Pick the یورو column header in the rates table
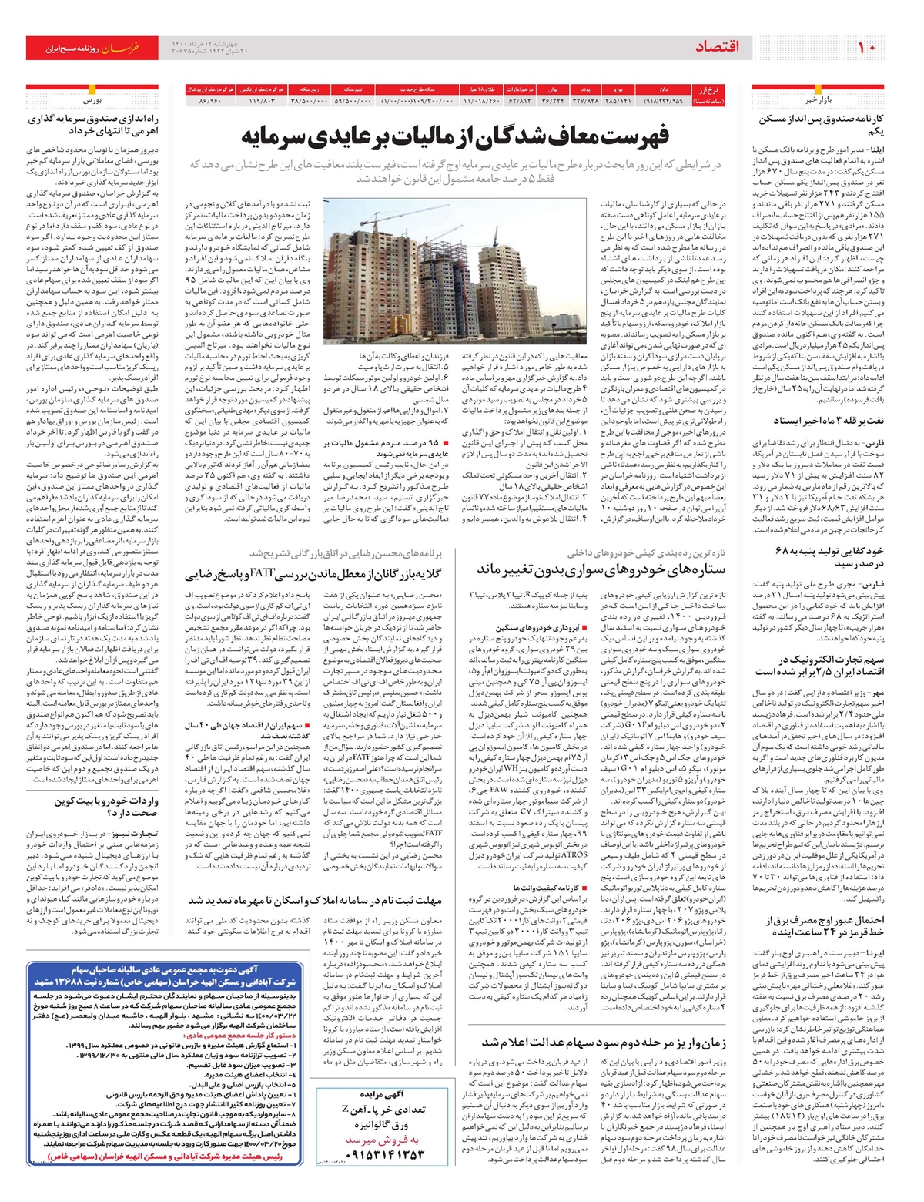(x=618, y=90)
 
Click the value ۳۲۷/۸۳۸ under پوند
(x=585, y=101)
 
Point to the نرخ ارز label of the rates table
(x=704, y=90)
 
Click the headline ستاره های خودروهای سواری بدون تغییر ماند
(x=601, y=569)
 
